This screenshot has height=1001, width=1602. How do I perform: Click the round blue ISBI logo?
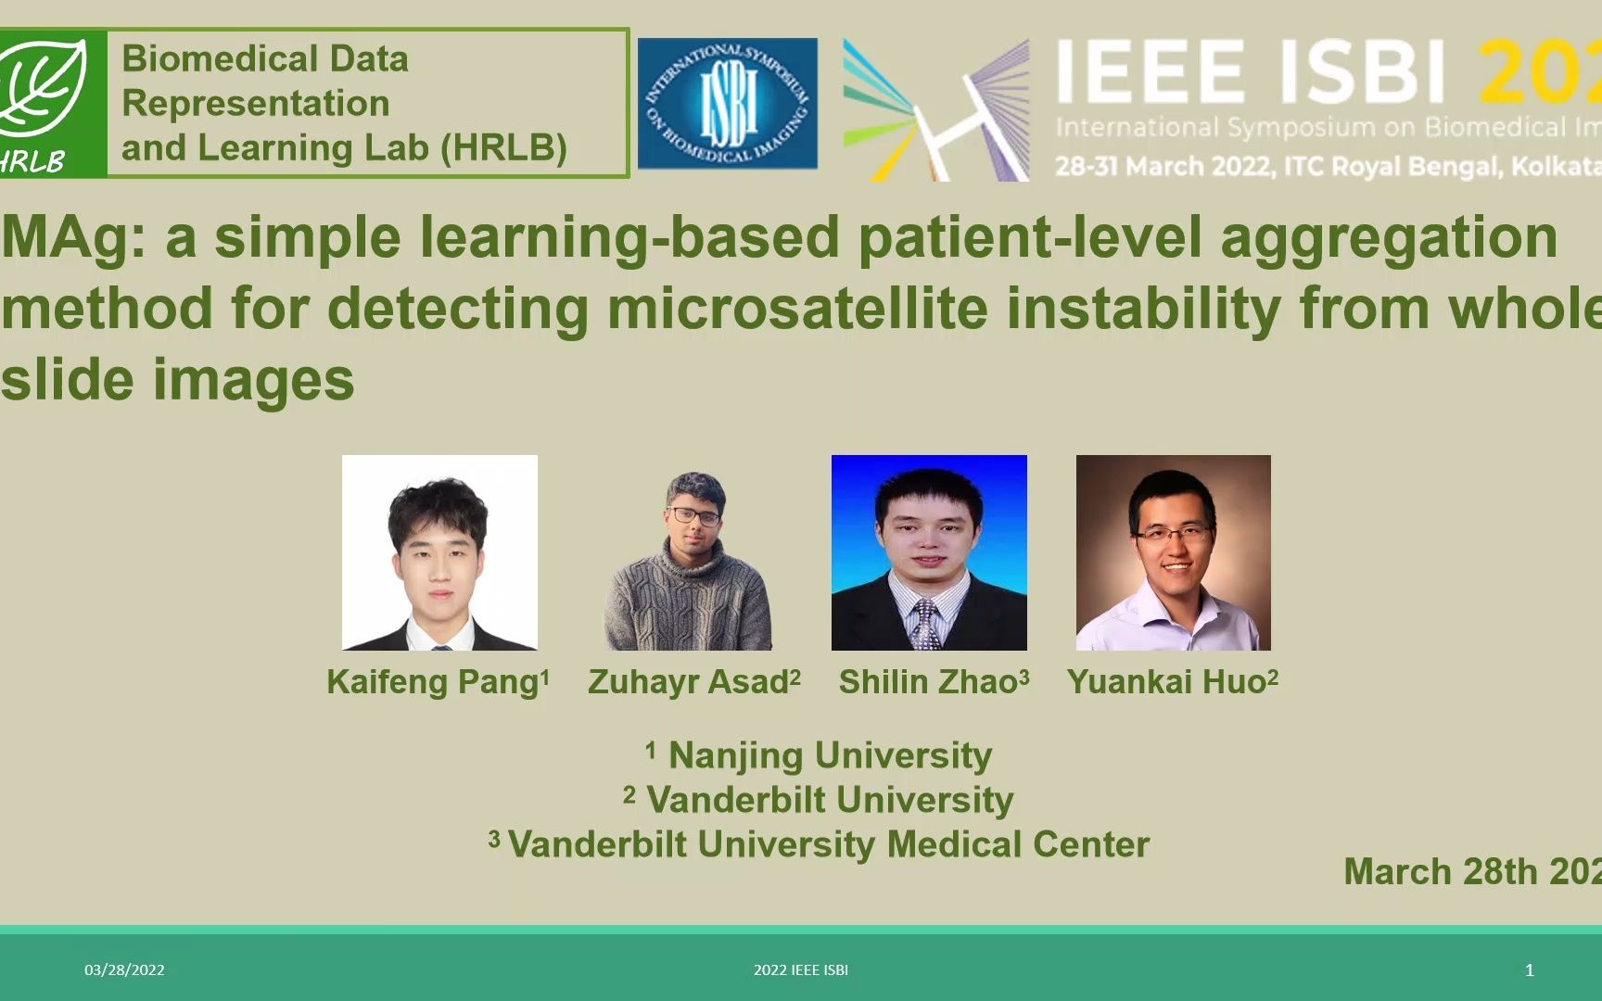[x=728, y=104]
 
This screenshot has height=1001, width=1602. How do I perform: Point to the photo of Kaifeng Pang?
[x=439, y=552]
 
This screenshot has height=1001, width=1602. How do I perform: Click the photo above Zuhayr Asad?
[x=689, y=561]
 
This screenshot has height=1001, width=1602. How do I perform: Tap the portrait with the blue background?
[x=929, y=552]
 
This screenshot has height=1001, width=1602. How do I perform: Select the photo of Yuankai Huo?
[x=1173, y=552]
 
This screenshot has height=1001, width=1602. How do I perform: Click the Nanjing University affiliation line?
[x=820, y=755]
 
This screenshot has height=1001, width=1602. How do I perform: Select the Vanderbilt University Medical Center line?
[x=820, y=844]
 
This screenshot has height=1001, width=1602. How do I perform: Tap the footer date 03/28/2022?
[x=124, y=970]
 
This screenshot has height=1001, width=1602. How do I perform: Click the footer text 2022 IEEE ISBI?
[x=801, y=970]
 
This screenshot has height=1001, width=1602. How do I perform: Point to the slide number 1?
[x=1529, y=970]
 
